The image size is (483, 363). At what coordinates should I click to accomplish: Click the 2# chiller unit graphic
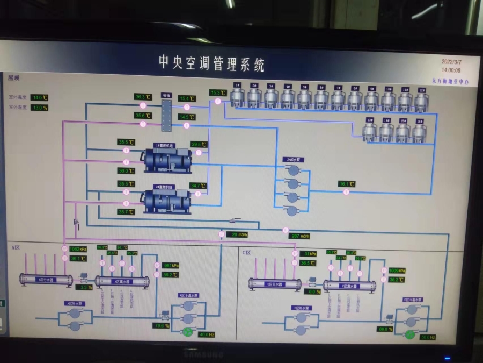[167, 201]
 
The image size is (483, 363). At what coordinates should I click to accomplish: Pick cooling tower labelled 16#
[420, 131]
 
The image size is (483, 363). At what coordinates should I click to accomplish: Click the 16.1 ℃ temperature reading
[347, 184]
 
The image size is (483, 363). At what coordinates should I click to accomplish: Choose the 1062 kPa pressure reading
[78, 249]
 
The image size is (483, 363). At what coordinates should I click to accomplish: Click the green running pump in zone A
[187, 332]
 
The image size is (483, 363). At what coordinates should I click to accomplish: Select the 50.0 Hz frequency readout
[427, 337]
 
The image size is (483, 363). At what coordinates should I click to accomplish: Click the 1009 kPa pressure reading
[397, 271]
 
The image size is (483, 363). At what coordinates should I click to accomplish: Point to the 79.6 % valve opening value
[162, 325]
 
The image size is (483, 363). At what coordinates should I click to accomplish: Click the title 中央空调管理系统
[211, 62]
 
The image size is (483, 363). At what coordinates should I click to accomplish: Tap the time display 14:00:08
[451, 70]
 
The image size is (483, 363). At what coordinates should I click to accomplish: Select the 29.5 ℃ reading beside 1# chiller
[199, 144]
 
